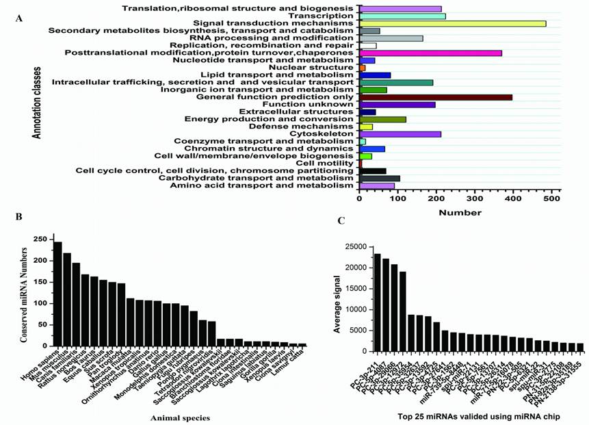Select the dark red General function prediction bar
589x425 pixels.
436,97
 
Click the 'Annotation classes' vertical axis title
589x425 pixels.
36,103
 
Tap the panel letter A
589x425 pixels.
18,18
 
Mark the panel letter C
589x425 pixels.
341,221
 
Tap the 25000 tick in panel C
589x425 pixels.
354,246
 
